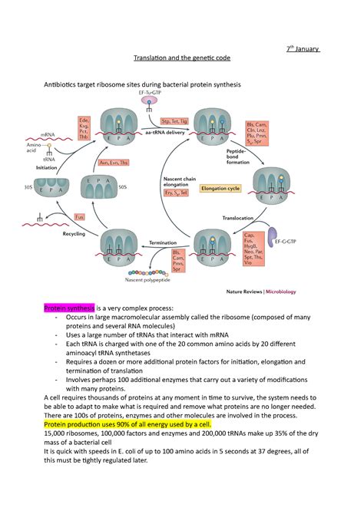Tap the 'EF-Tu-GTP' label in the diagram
[x=150, y=92]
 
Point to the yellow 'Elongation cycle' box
[x=220, y=187]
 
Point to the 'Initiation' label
[x=46, y=166]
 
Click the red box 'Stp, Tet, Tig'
[x=175, y=121]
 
